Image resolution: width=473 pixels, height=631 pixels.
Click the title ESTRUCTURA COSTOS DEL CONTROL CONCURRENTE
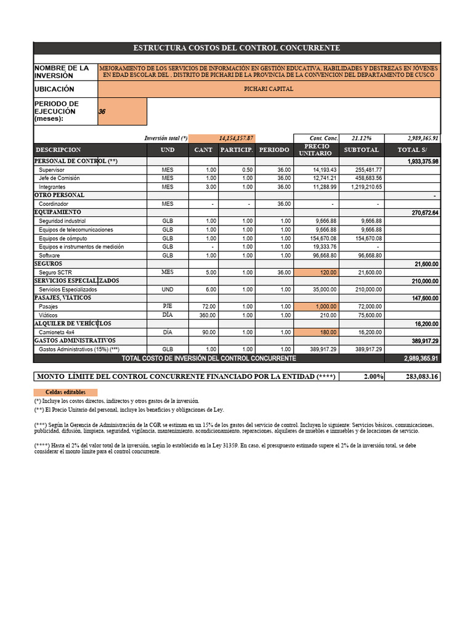tap(236, 48)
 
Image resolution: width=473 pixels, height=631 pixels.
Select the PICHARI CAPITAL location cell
tap(269, 89)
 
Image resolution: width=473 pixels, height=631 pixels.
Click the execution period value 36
tap(102, 112)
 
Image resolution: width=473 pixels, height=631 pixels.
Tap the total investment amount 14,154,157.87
tap(236, 138)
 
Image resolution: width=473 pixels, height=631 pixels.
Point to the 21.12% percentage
tap(361, 138)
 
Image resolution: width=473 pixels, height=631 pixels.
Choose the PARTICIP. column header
tap(237, 150)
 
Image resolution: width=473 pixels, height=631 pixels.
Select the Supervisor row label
tap(52, 169)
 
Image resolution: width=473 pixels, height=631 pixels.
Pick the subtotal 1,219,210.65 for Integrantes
tap(366, 187)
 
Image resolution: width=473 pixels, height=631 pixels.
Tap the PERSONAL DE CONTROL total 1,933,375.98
tap(422, 161)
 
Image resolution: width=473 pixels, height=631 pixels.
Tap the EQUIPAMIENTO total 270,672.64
tap(422, 213)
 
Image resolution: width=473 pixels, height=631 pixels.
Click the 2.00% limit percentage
tap(364, 377)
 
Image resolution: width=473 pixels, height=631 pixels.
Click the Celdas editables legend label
tap(65, 392)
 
